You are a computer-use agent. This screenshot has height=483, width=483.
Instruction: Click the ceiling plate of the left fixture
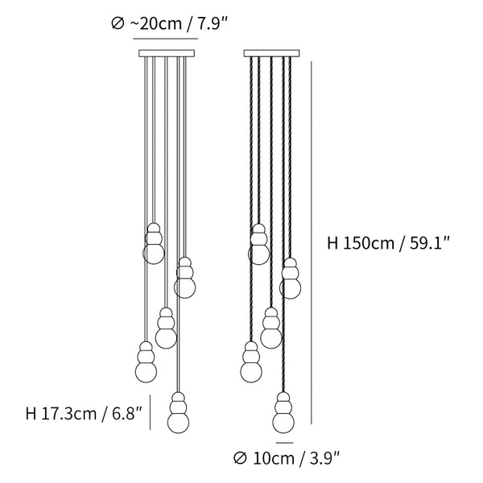click(x=167, y=53)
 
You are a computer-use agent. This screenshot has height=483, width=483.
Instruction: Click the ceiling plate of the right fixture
click(x=272, y=53)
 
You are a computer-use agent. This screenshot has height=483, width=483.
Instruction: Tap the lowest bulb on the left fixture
click(x=178, y=412)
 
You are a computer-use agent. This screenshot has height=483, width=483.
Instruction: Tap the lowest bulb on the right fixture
click(x=283, y=412)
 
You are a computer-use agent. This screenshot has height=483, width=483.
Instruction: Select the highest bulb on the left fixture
click(x=154, y=244)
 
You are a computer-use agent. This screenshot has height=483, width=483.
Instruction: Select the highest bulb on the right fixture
click(x=258, y=244)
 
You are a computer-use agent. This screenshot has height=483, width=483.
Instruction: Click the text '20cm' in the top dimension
click(x=156, y=23)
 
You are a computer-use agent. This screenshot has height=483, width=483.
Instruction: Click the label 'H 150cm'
click(x=361, y=243)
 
